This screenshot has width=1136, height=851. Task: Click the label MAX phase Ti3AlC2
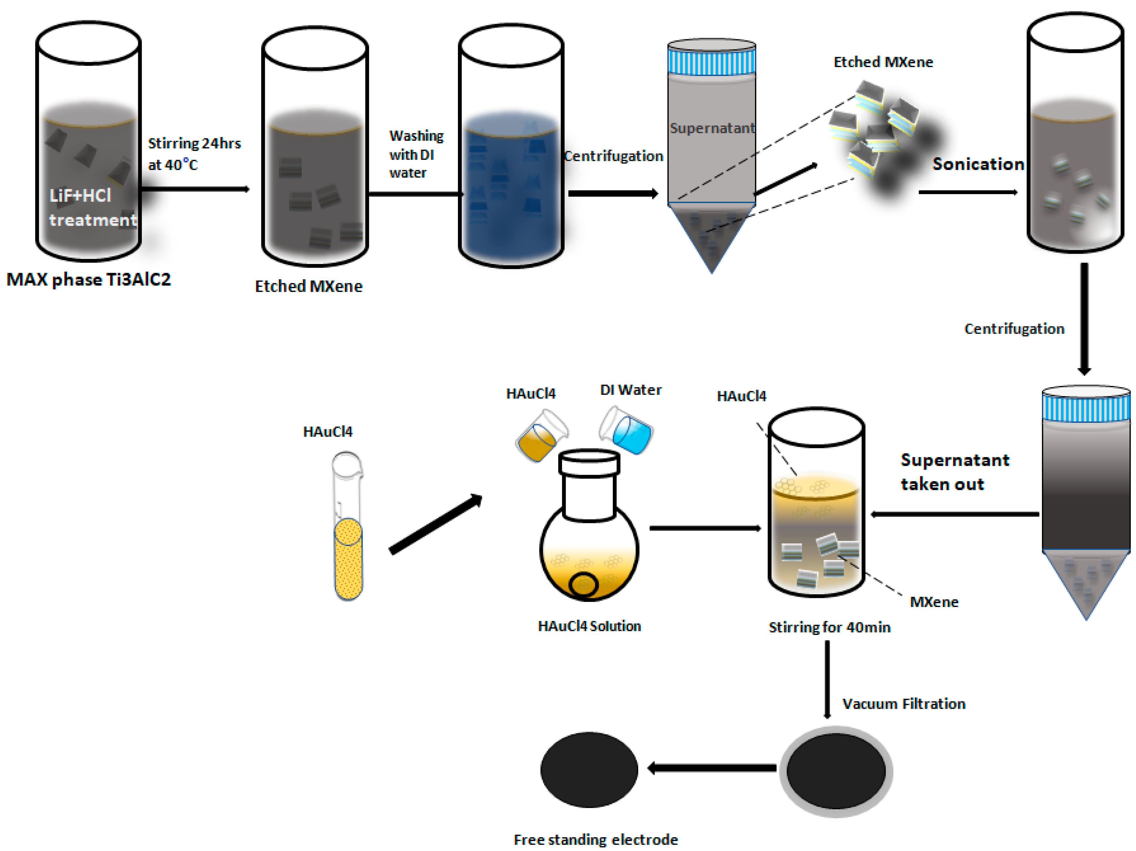click(x=88, y=279)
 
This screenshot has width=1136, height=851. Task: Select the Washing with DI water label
click(x=416, y=154)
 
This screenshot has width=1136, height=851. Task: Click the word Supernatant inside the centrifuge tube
click(x=712, y=128)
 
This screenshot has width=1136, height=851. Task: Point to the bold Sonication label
click(x=978, y=164)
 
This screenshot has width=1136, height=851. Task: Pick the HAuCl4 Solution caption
click(x=589, y=626)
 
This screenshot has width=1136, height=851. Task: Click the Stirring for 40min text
click(x=829, y=627)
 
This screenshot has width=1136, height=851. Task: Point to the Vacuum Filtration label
click(x=903, y=704)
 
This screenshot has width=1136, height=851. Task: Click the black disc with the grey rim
click(x=836, y=771)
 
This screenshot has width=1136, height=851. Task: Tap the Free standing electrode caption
click(x=595, y=839)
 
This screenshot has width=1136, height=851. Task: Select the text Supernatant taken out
click(x=954, y=472)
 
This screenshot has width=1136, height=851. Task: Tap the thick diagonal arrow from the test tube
click(x=436, y=524)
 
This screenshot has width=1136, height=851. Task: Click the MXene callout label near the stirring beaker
click(x=934, y=602)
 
